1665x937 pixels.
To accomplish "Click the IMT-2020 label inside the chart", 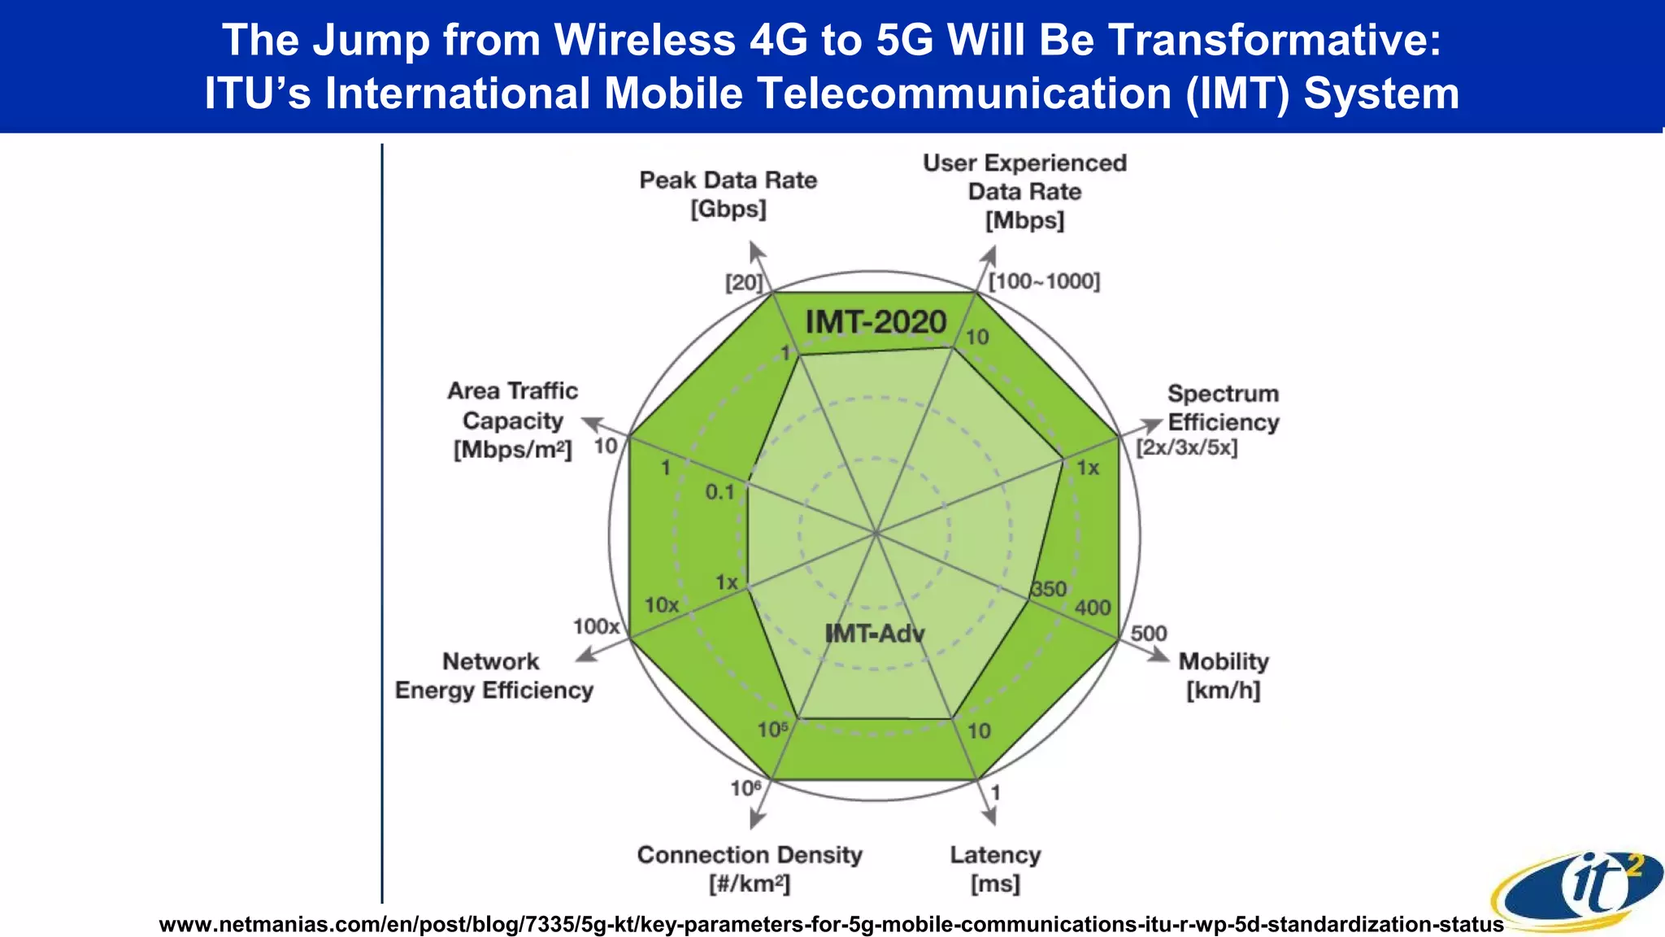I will coord(876,322).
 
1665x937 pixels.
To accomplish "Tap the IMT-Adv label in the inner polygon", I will coord(875,634).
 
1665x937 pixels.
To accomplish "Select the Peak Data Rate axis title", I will coord(728,194).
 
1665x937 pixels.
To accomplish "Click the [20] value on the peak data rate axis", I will coord(744,283).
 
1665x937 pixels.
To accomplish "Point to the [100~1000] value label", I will coord(1044,281).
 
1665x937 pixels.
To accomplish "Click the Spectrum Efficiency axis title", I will coord(1223,407).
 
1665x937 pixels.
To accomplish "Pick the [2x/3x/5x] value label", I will coord(1186,448).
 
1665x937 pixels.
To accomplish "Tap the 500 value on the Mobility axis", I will coord(1148,634).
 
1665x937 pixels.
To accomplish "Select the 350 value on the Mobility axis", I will coord(1049,590).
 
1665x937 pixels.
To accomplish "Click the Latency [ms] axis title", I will coord(995,869).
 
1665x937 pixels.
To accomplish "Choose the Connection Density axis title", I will coord(749,869).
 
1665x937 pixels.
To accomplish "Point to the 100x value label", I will coord(596,626).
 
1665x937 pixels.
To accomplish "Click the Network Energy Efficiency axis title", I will coord(493,676).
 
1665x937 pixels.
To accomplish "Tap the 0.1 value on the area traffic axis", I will coord(719,492).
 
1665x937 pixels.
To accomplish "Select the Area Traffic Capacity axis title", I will coord(512,420).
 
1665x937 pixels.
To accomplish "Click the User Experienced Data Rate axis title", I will coord(1024,191).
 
